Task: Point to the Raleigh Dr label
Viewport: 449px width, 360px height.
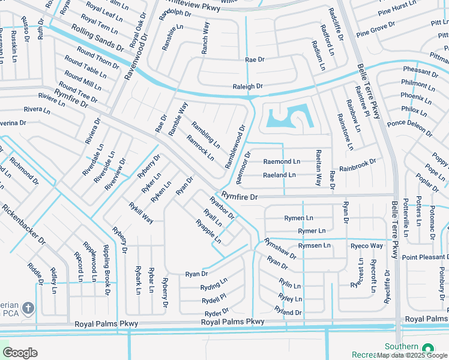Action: coord(248,87)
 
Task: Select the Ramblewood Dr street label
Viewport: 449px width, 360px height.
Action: coord(236,146)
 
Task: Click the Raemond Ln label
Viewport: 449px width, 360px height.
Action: coord(282,162)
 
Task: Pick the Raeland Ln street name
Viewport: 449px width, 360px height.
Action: coord(280,175)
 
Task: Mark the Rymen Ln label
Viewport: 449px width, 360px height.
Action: coord(299,218)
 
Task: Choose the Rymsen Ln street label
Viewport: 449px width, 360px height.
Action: coord(315,245)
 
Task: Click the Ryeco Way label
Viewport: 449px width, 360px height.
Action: coord(367,246)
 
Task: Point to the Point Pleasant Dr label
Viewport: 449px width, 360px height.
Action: coord(426,257)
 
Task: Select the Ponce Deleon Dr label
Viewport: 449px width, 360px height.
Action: coord(409,127)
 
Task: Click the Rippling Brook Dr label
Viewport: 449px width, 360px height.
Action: coord(106,270)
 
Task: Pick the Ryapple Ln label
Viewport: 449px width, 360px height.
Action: coord(208,232)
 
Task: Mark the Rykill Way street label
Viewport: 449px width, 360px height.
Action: coord(141,213)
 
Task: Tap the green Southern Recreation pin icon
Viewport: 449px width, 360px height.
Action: coord(427,349)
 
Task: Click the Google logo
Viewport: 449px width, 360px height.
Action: coord(20,353)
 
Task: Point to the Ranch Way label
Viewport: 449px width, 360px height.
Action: coord(205,38)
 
